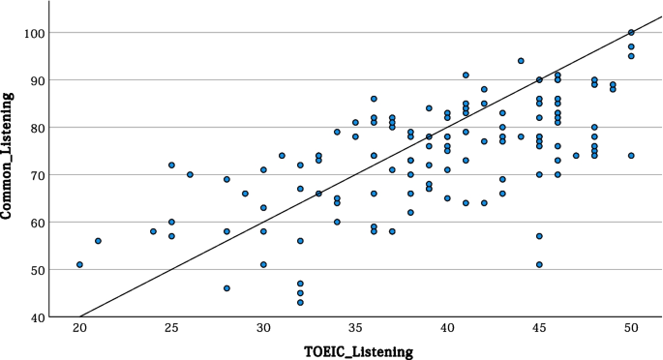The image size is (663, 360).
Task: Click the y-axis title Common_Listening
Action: point(9,156)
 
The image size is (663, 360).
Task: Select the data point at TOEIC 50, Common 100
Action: point(631,32)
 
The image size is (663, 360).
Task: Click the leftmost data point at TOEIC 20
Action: point(79,264)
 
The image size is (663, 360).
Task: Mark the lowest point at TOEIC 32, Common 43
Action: point(300,302)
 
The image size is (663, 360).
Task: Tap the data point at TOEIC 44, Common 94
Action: point(521,61)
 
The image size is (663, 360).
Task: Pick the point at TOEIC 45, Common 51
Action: point(539,264)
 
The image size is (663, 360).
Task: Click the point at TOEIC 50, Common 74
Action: point(631,156)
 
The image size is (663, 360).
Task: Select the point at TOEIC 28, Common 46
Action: point(226,288)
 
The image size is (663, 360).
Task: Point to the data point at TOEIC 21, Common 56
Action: point(98,241)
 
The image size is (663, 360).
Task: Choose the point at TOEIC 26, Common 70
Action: point(190,174)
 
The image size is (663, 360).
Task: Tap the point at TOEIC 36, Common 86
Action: point(374,99)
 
